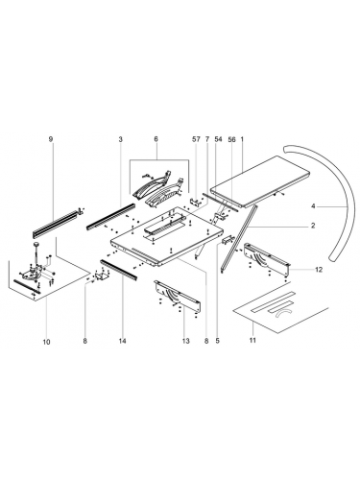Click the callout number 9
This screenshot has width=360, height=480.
pos(52,140)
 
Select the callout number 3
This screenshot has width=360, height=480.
pos(120,140)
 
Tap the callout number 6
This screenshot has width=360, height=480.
pos(156,140)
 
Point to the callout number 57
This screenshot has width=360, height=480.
pos(196,140)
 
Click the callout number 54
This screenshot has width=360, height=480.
pos(218,140)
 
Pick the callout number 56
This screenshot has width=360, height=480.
pos(231,140)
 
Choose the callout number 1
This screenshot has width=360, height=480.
pos(244,140)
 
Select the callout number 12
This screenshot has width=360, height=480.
pos(318,271)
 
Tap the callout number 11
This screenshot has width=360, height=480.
pos(253,341)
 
